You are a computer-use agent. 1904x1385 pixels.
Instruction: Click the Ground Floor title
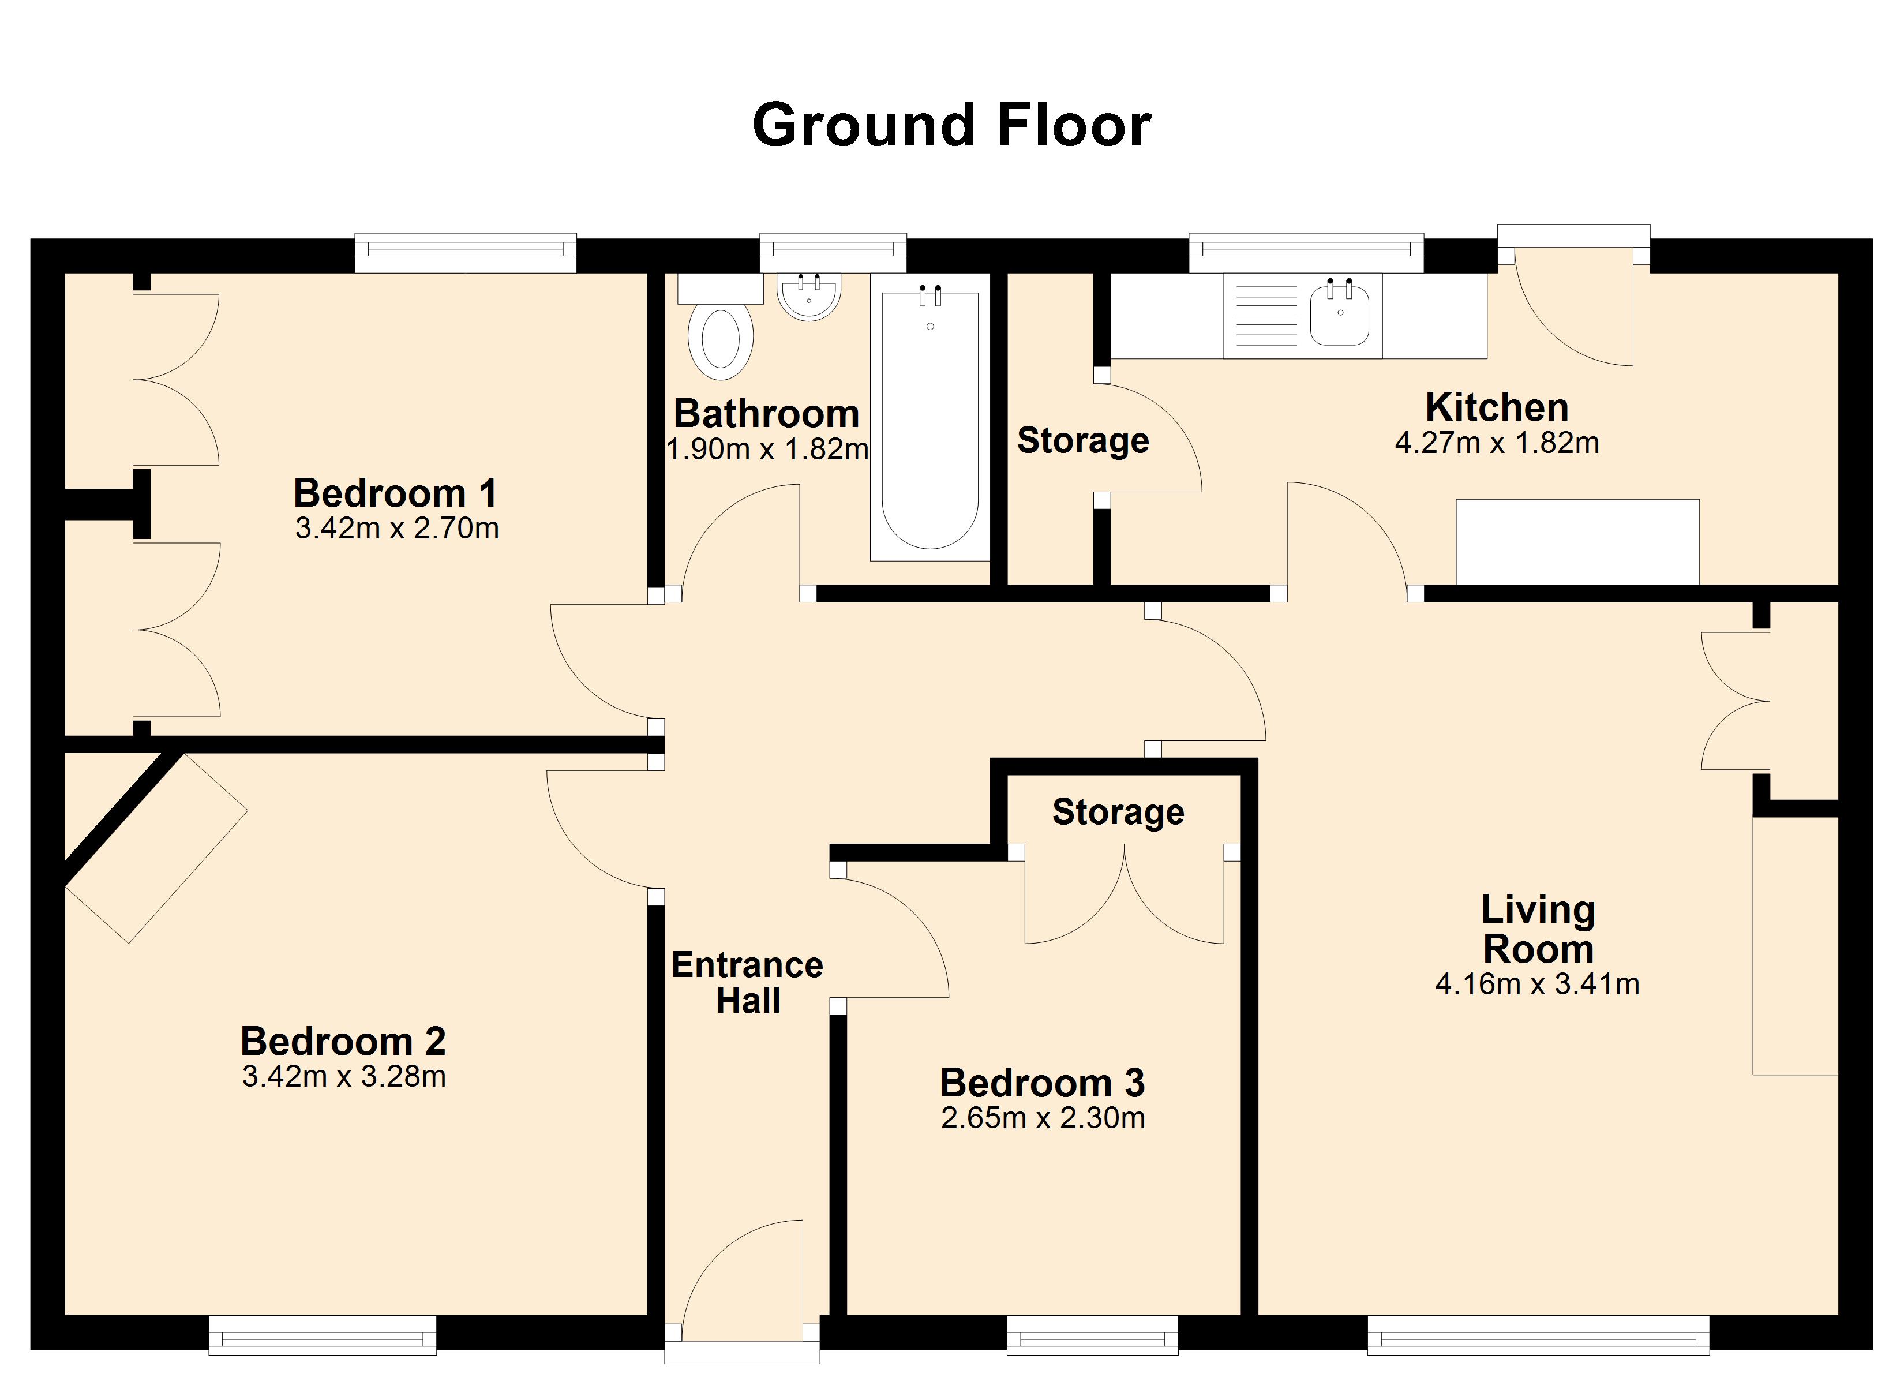point(951,125)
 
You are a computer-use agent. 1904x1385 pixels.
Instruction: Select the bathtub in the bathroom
point(930,417)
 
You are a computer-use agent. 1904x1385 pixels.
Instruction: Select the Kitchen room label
point(1497,407)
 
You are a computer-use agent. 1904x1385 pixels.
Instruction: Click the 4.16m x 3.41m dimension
point(1537,983)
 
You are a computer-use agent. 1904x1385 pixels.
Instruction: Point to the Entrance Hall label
point(747,983)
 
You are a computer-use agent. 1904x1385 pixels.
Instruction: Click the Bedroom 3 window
point(1092,1335)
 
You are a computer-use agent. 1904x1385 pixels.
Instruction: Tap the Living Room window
point(1538,1335)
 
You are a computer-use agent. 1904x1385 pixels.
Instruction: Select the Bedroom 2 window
point(323,1335)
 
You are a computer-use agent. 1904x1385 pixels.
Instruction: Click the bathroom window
point(833,253)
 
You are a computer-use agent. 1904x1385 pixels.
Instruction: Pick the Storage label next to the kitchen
point(1083,441)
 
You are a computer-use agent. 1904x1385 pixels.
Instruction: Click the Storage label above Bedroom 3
point(1118,812)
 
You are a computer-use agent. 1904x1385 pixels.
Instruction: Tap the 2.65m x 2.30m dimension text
point(1043,1118)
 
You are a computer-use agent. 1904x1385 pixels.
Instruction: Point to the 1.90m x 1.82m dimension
point(767,450)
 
